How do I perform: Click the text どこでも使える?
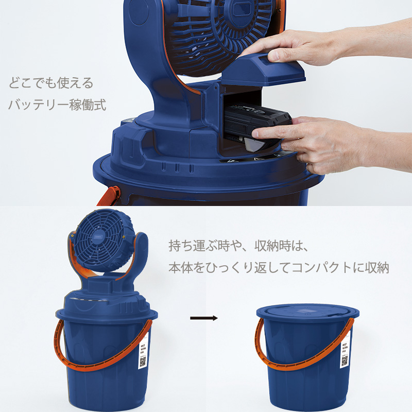[50, 83]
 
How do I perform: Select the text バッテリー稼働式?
[57, 105]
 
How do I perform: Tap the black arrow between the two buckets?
[204, 318]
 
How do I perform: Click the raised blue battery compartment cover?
[268, 70]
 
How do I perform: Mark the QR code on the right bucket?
[344, 361]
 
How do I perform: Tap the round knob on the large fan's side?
[137, 14]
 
